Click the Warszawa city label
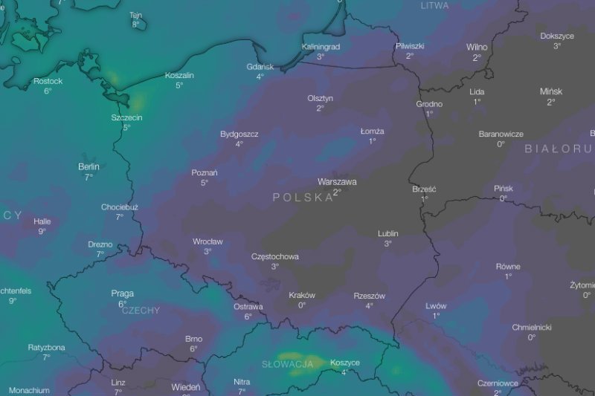click(337, 181)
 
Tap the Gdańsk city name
click(260, 67)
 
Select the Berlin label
click(89, 166)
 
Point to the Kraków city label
click(302, 295)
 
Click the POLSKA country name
click(303, 198)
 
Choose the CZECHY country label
click(141, 311)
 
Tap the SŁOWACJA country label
click(287, 364)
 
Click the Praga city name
click(122, 293)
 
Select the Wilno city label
click(477, 47)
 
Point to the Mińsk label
click(551, 91)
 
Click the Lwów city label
click(436, 306)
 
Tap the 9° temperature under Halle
click(42, 231)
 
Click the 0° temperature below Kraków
click(302, 305)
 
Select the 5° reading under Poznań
click(205, 182)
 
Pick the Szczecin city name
click(126, 117)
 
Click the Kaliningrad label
click(321, 47)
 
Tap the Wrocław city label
click(208, 241)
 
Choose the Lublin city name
click(388, 233)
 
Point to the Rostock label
click(48, 81)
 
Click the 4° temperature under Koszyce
click(344, 372)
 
